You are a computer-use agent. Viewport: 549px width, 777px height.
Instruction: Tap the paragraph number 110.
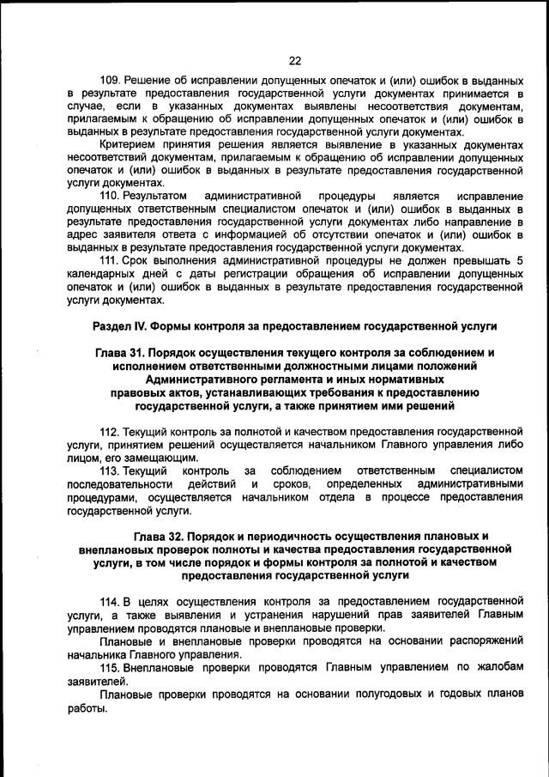pos(111,196)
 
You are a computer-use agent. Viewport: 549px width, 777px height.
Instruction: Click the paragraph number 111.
pos(111,261)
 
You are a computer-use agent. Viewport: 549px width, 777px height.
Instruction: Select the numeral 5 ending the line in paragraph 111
pos(519,261)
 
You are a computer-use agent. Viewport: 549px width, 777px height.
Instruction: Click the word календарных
pos(100,274)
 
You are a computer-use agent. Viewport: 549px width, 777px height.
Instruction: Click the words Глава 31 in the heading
pos(124,353)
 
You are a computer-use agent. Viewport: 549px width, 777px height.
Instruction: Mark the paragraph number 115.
pos(111,667)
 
